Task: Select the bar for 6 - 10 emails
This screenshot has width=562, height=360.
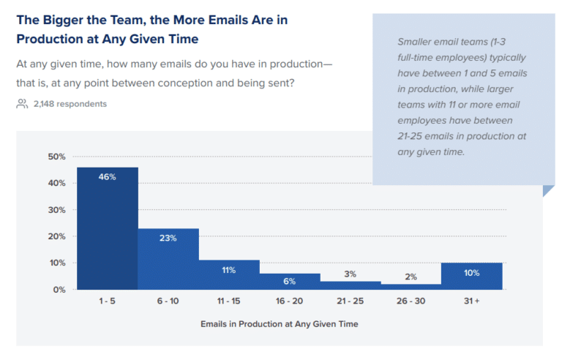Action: [168, 259]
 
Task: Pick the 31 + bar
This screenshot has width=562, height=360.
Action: [471, 276]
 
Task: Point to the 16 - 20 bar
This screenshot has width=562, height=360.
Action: [289, 282]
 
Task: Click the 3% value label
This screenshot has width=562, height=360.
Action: [350, 274]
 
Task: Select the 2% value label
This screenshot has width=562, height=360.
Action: [411, 277]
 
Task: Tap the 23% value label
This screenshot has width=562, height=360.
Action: [168, 238]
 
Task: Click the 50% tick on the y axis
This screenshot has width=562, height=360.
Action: [56, 157]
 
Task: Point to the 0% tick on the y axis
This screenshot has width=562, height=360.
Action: [59, 290]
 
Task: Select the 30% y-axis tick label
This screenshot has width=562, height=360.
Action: [56, 210]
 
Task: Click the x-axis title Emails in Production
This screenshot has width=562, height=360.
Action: [291, 323]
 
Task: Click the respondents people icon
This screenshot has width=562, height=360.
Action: [22, 104]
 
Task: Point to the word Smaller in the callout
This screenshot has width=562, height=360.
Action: [416, 42]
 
